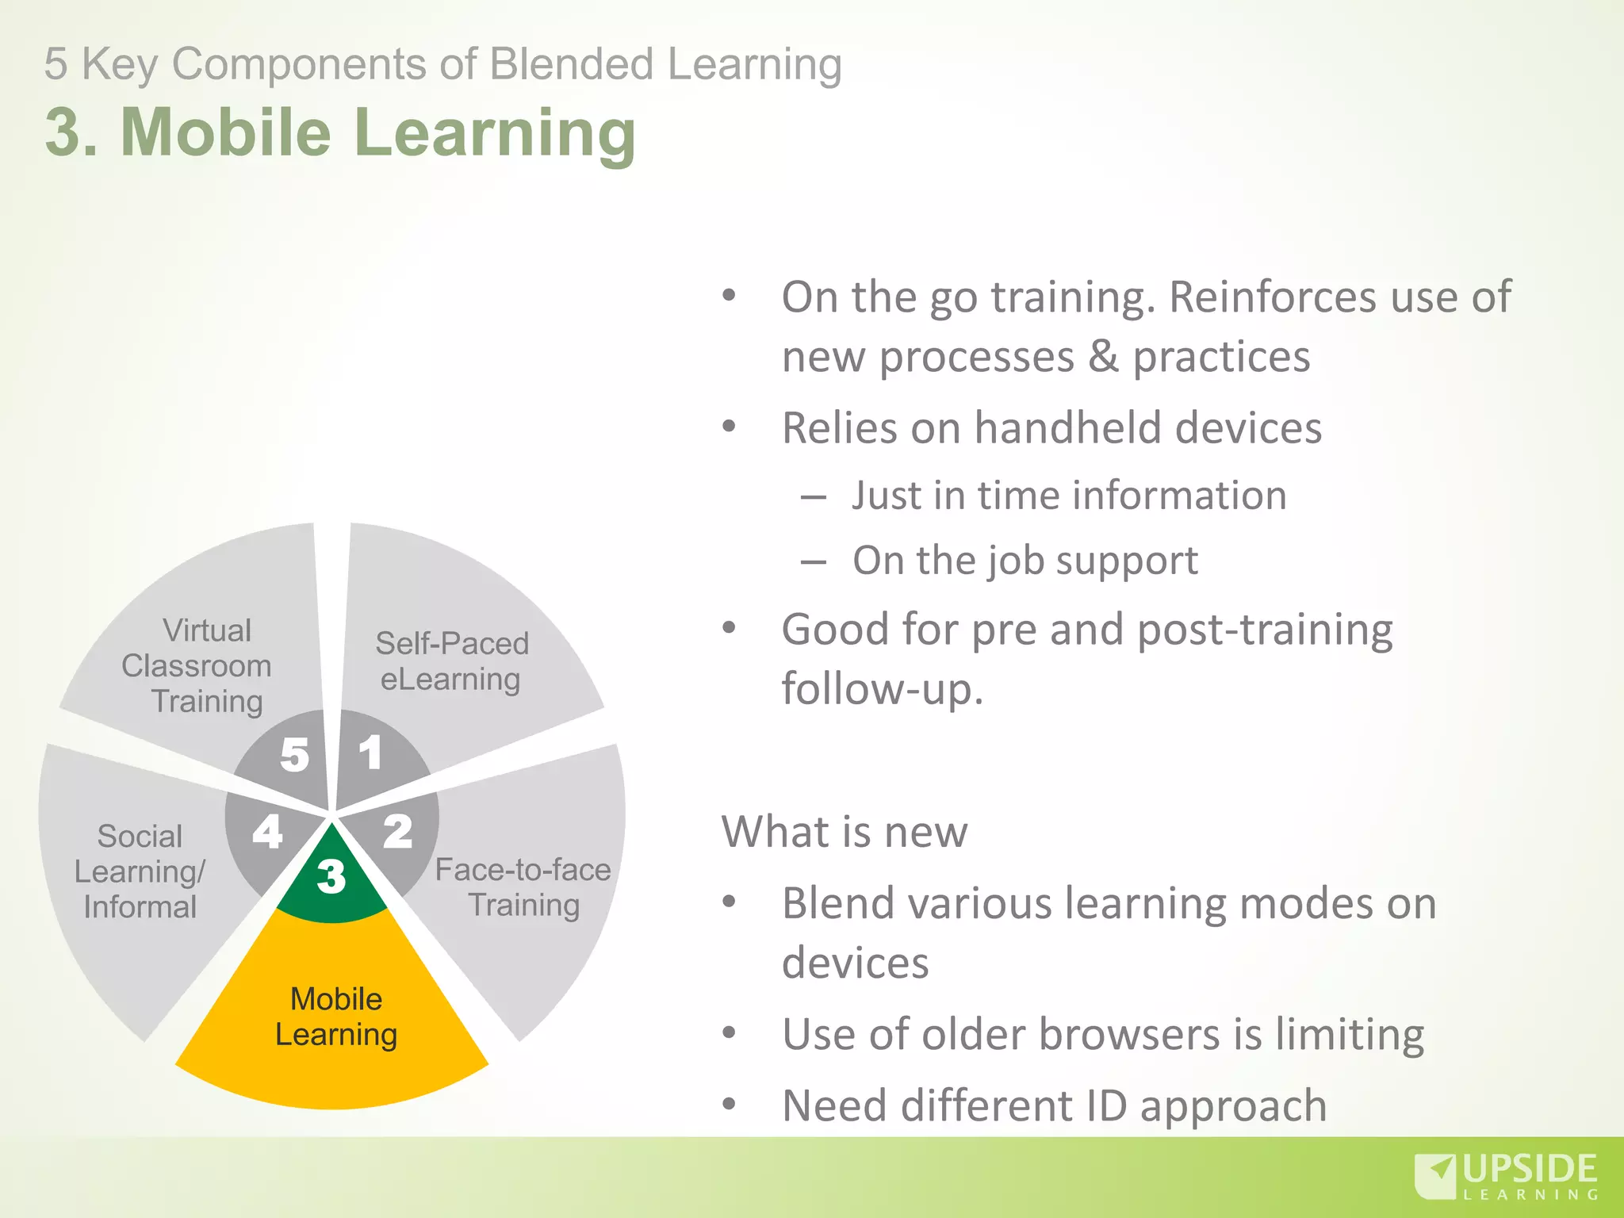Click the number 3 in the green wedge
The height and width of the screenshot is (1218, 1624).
coord(331,876)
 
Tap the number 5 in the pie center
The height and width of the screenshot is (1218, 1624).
coord(295,754)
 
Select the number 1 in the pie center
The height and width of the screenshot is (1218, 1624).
coord(370,753)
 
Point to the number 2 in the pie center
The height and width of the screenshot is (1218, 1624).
coord(398,832)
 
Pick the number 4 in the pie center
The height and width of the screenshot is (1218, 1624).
coord(267,832)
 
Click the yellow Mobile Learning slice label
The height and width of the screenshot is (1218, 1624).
coord(336,1017)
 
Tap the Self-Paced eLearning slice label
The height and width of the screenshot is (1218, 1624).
coord(451,661)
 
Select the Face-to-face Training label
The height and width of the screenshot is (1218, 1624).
coord(523,887)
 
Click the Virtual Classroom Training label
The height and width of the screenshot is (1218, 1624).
coord(197,666)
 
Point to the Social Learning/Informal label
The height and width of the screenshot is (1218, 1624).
coord(140,871)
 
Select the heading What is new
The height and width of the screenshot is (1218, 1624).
coord(845,832)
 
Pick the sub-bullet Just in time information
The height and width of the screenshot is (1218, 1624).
coord(1069,496)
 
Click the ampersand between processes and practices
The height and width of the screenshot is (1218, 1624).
coord(1103,357)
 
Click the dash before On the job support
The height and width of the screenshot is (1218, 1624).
coord(813,562)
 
